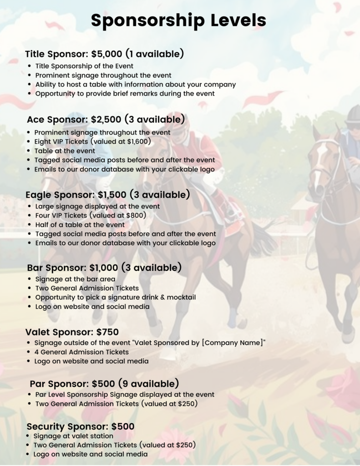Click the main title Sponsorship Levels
point(178,20)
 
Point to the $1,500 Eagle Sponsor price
point(112,195)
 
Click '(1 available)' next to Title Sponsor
point(155,54)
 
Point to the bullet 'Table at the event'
point(65,151)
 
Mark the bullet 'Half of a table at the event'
point(80,224)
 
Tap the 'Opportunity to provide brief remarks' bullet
point(125,93)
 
